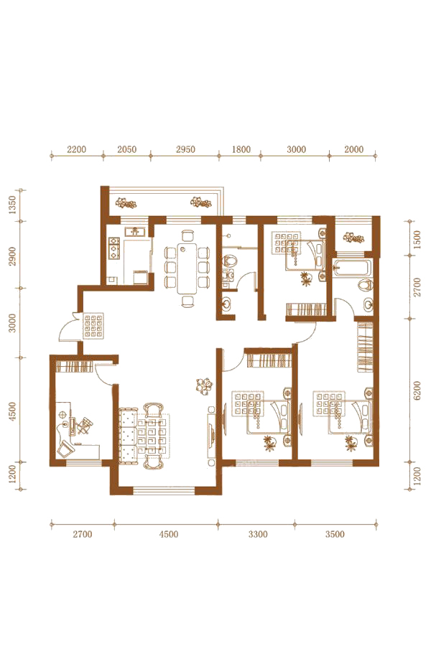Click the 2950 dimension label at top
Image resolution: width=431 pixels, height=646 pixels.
[x=185, y=149]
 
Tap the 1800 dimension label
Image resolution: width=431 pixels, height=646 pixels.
[x=241, y=149]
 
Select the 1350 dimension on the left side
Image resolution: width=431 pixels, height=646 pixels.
[x=12, y=205]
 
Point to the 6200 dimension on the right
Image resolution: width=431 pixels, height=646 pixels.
[x=417, y=390]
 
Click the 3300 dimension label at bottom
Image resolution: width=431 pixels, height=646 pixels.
[x=258, y=534]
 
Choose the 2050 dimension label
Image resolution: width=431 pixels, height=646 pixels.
[x=126, y=149]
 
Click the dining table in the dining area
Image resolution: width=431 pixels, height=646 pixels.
[x=187, y=268]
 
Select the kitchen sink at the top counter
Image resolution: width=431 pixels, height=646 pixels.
[x=134, y=231]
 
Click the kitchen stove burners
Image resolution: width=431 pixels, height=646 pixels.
[x=113, y=248]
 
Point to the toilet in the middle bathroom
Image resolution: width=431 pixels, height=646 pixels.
[x=230, y=261]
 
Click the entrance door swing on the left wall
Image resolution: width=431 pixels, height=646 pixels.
[x=68, y=328]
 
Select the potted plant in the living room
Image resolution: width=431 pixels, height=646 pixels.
[x=204, y=385]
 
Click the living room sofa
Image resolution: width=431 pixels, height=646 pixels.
[x=128, y=436]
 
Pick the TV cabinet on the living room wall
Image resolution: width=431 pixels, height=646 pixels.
[x=210, y=436]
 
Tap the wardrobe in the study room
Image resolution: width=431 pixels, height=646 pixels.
[x=73, y=366]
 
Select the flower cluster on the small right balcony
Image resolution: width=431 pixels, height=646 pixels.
[x=352, y=238]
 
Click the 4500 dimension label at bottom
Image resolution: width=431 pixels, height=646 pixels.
[x=169, y=534]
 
